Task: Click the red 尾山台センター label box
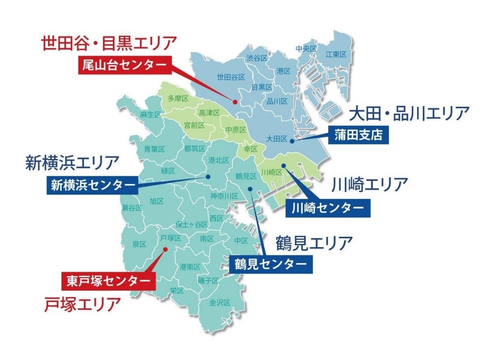tap(125, 65)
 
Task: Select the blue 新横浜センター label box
tap(93, 185)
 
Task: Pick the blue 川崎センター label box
tap(327, 208)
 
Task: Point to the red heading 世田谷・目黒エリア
tap(108, 42)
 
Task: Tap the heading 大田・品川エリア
tap(408, 113)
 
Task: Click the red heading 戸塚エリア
tap(82, 304)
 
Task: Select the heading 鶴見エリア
tap(314, 243)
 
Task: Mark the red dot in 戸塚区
tap(165, 249)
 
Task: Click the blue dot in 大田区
tap(292, 141)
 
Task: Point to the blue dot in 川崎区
tap(283, 165)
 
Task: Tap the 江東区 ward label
tap(335, 54)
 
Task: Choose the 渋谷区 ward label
tap(257, 58)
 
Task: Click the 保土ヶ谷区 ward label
tap(192, 224)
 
